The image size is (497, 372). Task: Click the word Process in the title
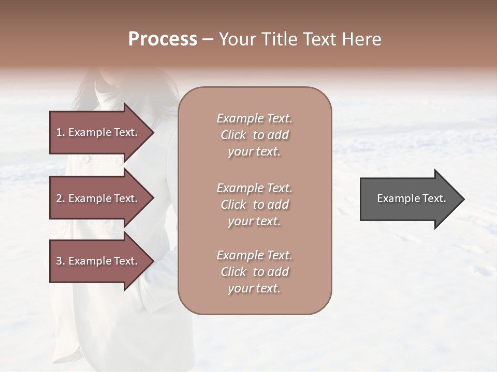[163, 39]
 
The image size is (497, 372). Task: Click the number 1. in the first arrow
[61, 132]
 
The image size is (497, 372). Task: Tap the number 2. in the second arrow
[61, 198]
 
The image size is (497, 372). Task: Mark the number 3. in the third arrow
[61, 261]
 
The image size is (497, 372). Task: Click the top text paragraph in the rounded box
[254, 135]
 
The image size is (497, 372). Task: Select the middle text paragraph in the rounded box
[254, 205]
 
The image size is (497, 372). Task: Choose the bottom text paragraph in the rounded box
[254, 272]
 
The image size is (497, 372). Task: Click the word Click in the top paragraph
[233, 135]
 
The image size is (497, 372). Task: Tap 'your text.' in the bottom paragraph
[254, 288]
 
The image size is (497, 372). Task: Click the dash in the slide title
[208, 39]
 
